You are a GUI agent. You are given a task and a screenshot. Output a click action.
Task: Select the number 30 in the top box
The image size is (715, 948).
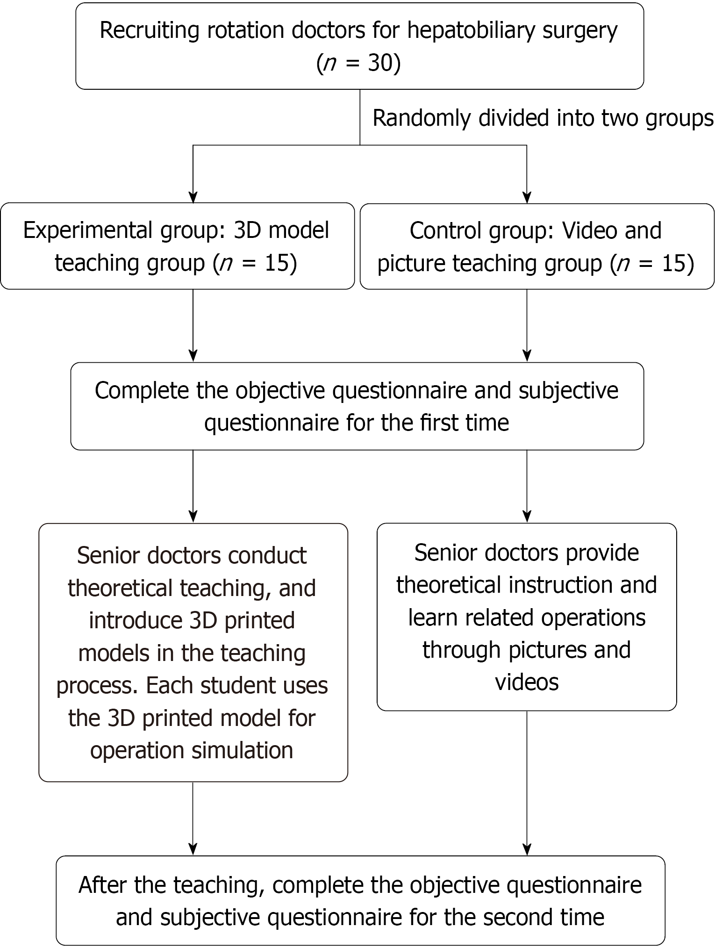click(x=379, y=63)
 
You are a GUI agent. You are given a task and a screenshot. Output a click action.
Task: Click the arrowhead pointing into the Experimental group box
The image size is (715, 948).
click(x=193, y=197)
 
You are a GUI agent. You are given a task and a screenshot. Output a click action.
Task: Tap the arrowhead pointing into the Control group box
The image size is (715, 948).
click(x=527, y=197)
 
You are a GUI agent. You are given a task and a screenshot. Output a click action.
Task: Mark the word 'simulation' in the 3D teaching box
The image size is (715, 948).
click(x=242, y=750)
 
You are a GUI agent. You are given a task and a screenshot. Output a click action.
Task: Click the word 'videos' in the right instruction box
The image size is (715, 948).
click(x=527, y=682)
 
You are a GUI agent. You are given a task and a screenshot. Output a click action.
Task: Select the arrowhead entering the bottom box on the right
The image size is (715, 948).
click(x=527, y=849)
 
